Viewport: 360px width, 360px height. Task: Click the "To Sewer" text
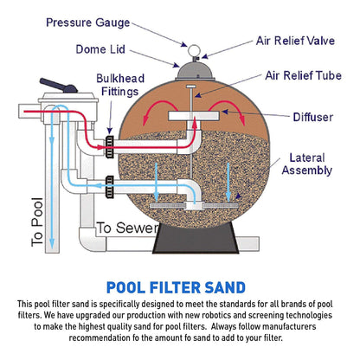click(x=125, y=228)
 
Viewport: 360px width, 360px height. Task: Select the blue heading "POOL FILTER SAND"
click(x=180, y=287)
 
